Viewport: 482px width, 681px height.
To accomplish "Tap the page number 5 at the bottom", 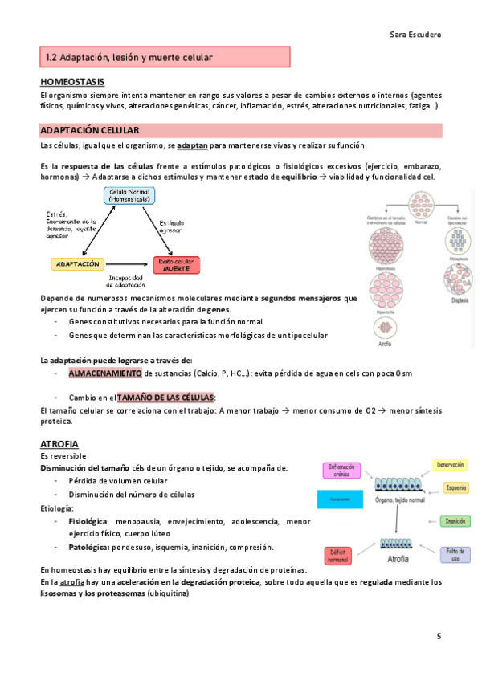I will click(439, 637).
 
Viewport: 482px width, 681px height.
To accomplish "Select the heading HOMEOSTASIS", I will click(71, 82).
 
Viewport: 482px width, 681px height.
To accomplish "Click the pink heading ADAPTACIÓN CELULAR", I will click(89, 129).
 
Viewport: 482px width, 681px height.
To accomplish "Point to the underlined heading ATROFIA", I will click(59, 443).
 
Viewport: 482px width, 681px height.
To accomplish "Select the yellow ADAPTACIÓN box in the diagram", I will click(78, 263).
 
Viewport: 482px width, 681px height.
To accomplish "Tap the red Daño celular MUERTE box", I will click(177, 264).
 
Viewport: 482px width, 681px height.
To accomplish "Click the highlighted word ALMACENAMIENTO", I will click(105, 373).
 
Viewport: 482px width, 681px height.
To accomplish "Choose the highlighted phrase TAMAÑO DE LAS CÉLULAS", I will click(166, 398).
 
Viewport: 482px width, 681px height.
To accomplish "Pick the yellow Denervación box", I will click(451, 464).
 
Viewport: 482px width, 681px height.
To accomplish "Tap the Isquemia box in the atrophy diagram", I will click(455, 487).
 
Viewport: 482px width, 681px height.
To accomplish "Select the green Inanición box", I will click(455, 521).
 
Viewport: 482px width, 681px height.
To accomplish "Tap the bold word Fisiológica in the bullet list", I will click(88, 521).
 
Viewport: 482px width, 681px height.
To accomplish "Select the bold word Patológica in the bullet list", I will click(88, 547).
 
